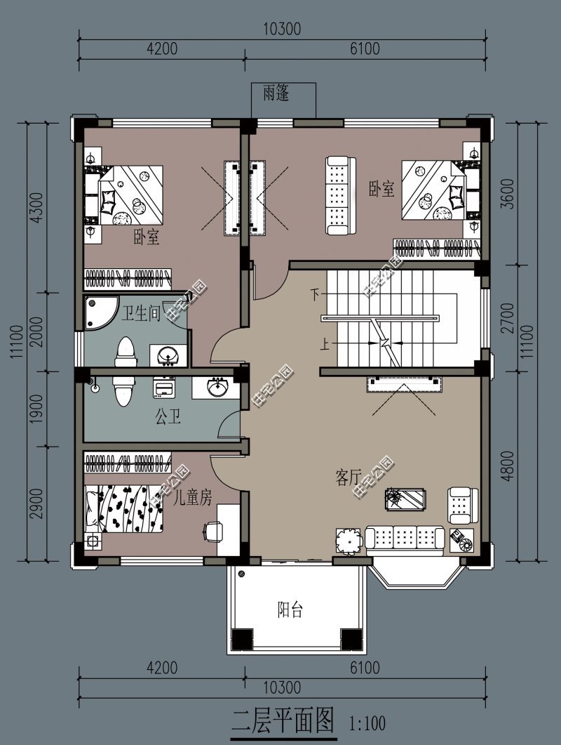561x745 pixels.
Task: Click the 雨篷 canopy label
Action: pos(276,93)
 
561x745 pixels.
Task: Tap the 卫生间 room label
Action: pos(141,313)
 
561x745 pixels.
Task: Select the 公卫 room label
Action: pos(168,419)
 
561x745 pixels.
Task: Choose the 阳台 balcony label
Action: pos(290,609)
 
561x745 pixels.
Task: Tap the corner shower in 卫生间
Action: pos(97,311)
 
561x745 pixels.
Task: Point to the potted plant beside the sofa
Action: pos(347,541)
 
